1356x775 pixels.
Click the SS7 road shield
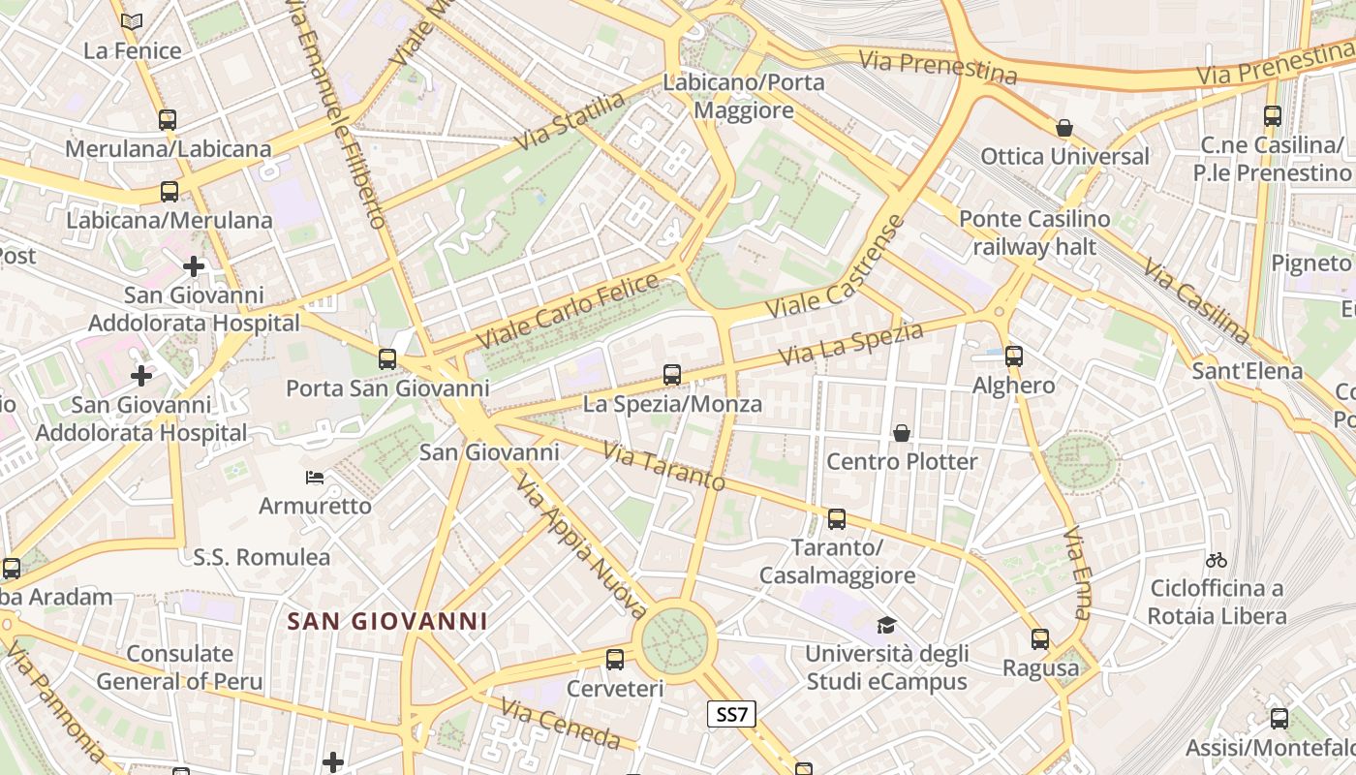[x=731, y=715]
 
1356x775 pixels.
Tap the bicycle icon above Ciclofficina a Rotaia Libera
[x=1217, y=560]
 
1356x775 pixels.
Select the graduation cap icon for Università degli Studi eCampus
[x=886, y=625]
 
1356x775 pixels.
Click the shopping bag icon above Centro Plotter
[x=902, y=432]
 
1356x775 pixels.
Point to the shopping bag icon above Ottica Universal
[x=1064, y=128]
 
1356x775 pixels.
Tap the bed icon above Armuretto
[x=315, y=477]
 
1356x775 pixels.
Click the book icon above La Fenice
[x=132, y=21]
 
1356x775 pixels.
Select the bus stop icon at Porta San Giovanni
[x=387, y=359]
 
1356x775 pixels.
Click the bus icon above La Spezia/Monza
[x=672, y=374]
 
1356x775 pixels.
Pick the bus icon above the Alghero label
[x=1014, y=356]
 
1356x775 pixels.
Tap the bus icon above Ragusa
[x=1040, y=639]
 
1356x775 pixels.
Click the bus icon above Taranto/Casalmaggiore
[x=837, y=518]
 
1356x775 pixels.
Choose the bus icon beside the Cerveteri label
[x=615, y=660]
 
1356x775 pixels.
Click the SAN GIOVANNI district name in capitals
[x=387, y=621]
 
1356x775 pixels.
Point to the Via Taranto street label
[x=663, y=466]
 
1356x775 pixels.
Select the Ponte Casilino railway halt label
[x=1034, y=232]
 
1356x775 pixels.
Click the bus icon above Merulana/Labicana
[x=168, y=120]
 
